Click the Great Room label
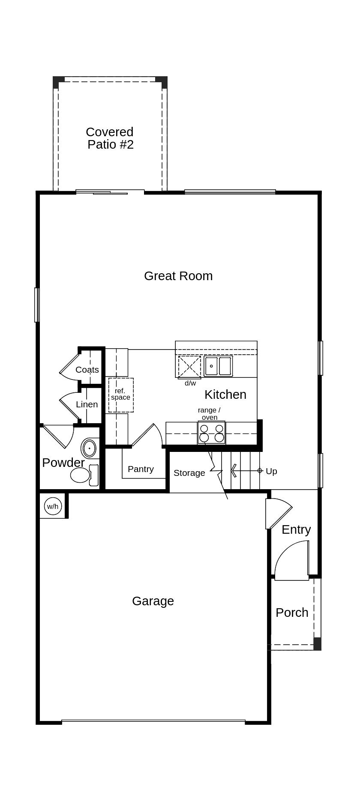[178, 276]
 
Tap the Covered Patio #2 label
[110, 138]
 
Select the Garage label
[153, 601]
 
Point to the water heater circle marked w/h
[53, 506]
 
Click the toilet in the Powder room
[84, 475]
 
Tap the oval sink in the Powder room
[89, 448]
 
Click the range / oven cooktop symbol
[211, 433]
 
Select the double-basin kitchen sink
[218, 366]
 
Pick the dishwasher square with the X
[189, 367]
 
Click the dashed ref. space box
[121, 395]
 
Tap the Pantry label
[141, 469]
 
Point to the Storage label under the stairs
[189, 473]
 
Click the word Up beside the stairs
[271, 471]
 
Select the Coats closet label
[87, 370]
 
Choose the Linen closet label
[87, 404]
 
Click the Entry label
[296, 530]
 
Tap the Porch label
[292, 613]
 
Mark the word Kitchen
[225, 395]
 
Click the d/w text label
[190, 383]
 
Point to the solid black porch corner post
[317, 644]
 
